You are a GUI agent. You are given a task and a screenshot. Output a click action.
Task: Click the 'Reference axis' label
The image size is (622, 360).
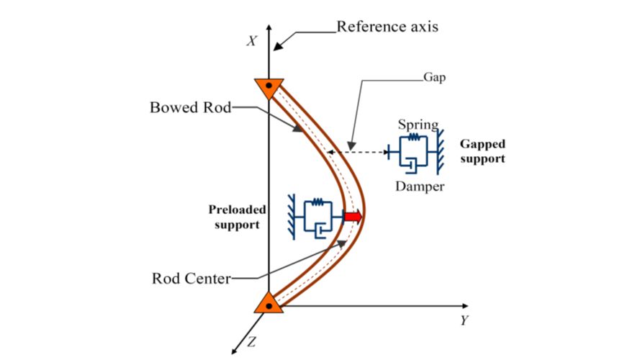(387, 27)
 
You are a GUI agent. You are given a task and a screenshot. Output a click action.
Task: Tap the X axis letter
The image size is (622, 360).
(251, 41)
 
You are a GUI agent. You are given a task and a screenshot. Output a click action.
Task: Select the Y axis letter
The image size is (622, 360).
(464, 320)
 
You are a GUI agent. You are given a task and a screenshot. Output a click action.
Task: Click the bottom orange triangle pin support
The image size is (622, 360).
(268, 303)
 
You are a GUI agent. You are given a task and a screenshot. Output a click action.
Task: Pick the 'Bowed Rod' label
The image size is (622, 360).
(189, 108)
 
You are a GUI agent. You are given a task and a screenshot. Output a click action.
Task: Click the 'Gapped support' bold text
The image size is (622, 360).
(482, 152)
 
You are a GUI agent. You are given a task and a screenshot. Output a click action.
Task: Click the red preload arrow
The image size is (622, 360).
(352, 217)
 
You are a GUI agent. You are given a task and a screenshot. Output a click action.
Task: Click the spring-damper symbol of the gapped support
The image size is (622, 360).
(410, 152)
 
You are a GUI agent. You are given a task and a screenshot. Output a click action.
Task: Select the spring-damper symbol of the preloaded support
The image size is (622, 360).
(317, 217)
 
